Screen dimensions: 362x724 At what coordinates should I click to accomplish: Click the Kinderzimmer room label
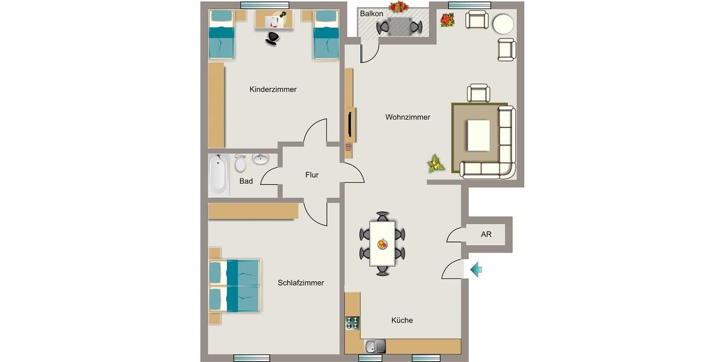(273, 89)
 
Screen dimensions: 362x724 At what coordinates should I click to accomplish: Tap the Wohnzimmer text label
(408, 117)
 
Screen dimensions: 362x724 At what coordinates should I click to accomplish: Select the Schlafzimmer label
(300, 282)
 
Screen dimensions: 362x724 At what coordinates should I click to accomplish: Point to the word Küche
(402, 320)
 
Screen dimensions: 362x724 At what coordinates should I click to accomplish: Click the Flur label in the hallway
(311, 175)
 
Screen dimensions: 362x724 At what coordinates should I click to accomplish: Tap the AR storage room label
(486, 235)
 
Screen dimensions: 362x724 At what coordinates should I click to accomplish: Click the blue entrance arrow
(476, 269)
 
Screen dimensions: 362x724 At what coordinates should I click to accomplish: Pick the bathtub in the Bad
(218, 175)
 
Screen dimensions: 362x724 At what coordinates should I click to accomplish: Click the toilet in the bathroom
(240, 163)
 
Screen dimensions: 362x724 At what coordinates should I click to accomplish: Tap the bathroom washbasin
(261, 160)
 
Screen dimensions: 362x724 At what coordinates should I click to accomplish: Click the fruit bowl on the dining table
(382, 244)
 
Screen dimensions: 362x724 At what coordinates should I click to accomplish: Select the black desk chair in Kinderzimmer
(273, 37)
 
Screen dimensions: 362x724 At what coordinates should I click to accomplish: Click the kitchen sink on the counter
(375, 346)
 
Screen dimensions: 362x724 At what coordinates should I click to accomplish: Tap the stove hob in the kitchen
(352, 324)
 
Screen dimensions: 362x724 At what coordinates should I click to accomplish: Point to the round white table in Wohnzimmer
(503, 24)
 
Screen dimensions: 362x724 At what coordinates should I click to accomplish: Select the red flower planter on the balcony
(398, 7)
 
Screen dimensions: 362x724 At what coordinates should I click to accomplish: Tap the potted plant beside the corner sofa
(435, 163)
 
